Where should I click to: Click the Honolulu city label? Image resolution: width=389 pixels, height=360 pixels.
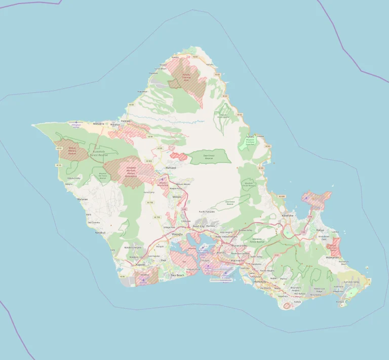[260, 281]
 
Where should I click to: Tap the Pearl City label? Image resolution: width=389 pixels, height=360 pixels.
[199, 226]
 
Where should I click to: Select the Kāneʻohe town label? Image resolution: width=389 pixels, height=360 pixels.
[287, 215]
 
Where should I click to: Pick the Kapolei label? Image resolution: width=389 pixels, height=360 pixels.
[140, 264]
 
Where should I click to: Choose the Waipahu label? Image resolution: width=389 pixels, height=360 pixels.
[177, 235]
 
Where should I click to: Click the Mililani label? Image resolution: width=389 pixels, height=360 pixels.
[177, 196]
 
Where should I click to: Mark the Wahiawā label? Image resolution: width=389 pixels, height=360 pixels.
[170, 167]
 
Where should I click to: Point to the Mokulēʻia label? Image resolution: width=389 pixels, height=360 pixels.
[99, 123]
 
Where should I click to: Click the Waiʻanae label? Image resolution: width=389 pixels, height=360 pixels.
[83, 199]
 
